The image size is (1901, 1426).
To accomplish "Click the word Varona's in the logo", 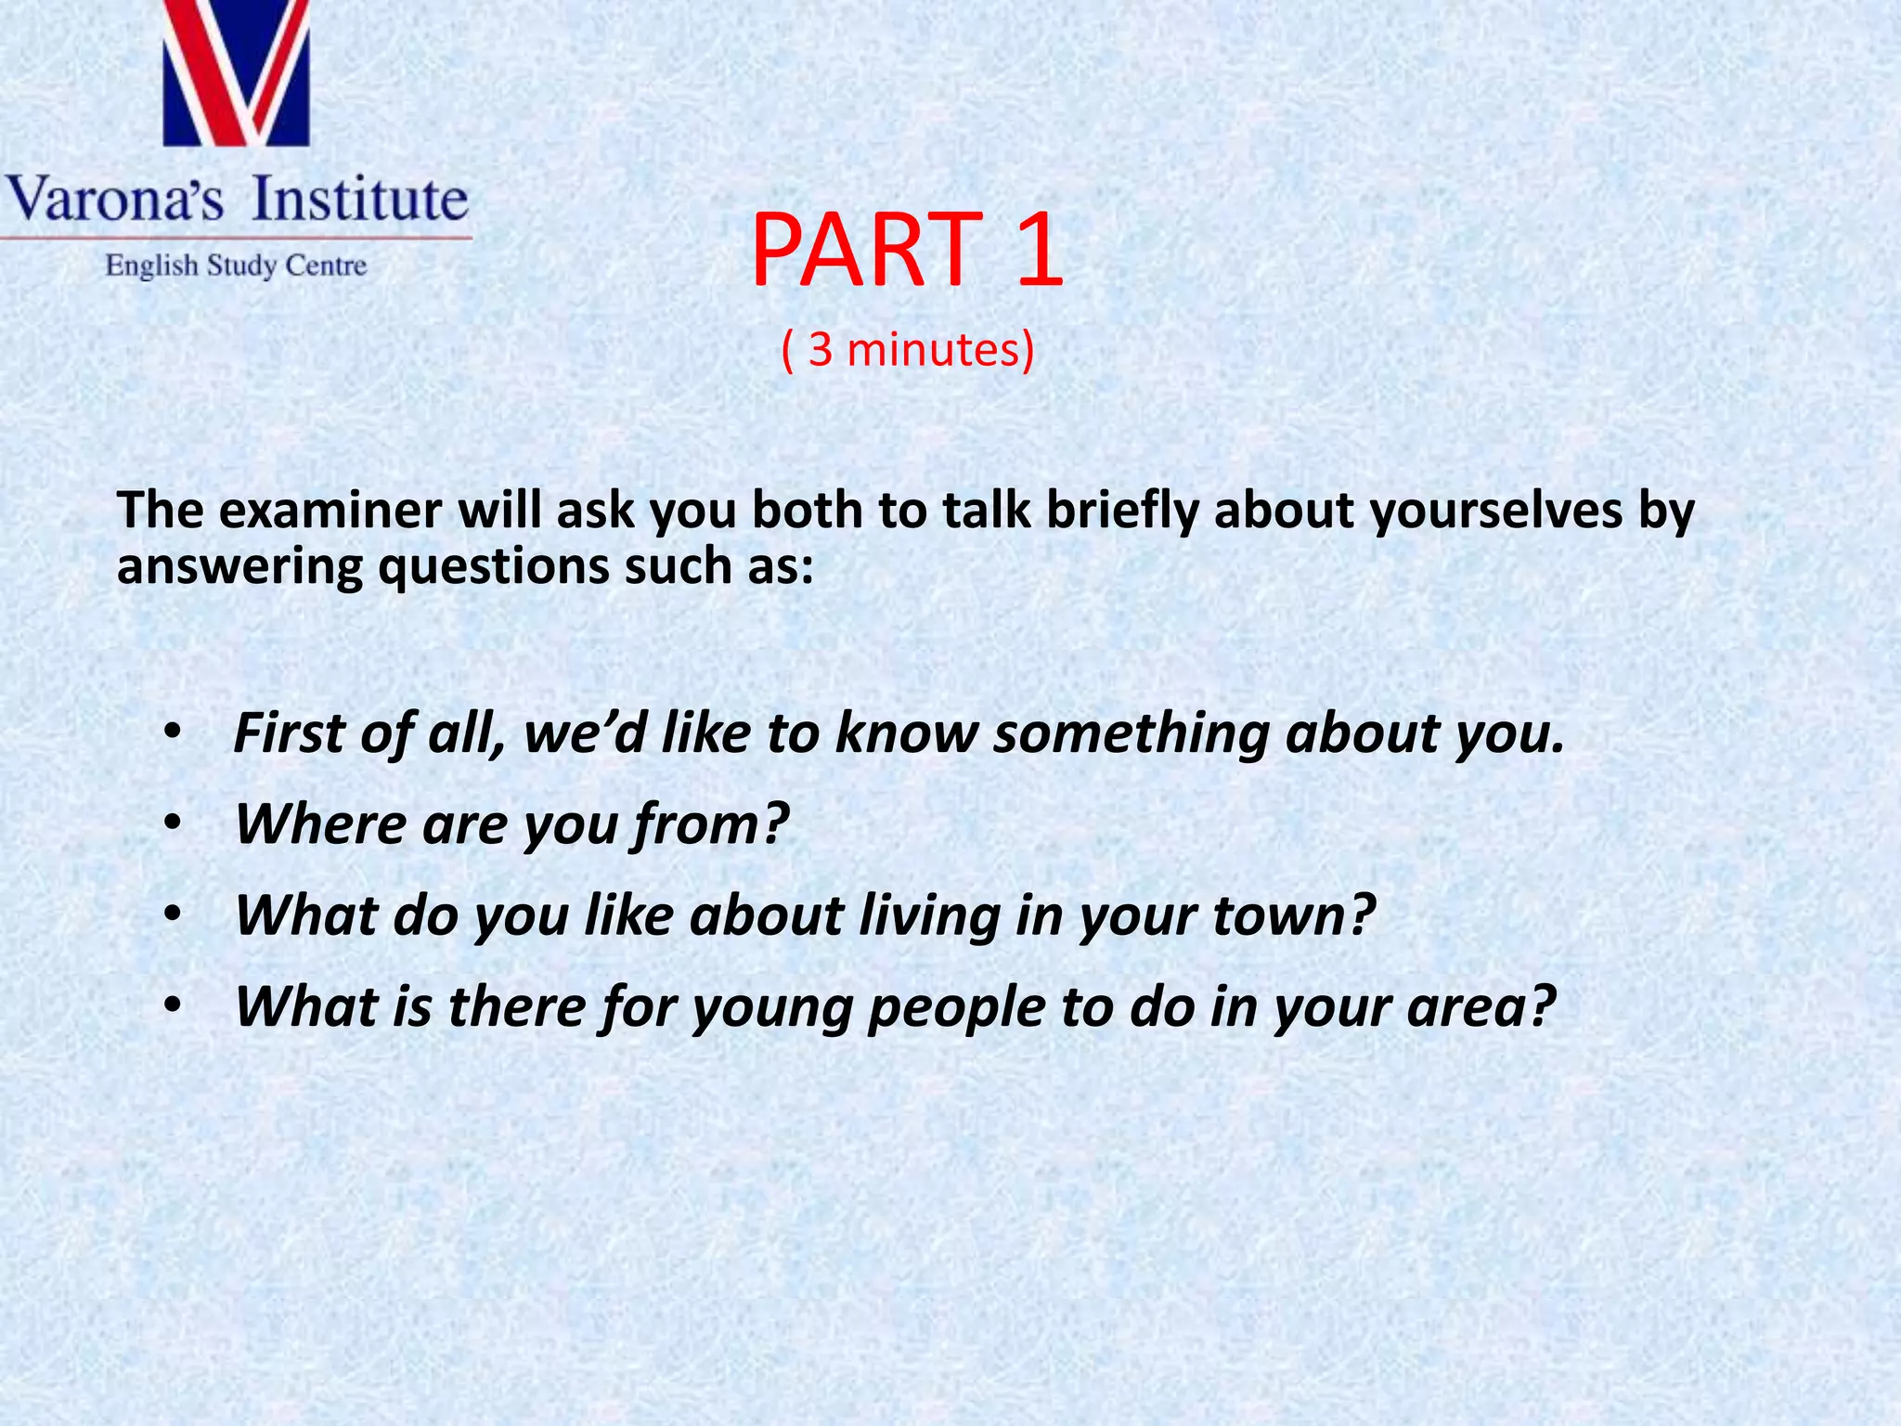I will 115,201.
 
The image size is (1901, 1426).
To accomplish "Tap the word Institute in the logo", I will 360,199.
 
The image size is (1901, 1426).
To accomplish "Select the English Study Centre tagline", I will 236,266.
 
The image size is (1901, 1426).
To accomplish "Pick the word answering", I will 239,568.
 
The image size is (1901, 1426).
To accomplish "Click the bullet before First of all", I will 171,733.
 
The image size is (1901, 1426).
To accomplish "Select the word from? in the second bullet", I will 710,824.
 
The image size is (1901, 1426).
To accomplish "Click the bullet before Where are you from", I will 171,824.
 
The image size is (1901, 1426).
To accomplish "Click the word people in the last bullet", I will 955,1008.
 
